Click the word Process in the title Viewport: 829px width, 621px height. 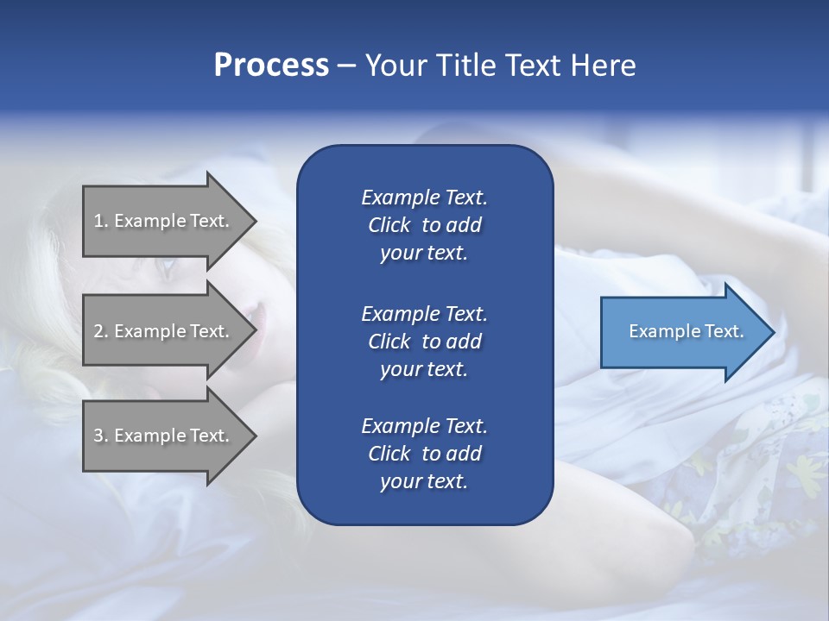pyautogui.click(x=271, y=65)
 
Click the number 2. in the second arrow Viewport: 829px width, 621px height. pyautogui.click(x=101, y=331)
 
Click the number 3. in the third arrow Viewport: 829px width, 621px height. pyautogui.click(x=101, y=436)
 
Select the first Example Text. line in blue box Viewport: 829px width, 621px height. pyautogui.click(x=424, y=198)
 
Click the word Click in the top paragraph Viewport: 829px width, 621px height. pyautogui.click(x=389, y=225)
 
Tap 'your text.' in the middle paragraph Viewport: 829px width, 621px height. pyautogui.click(x=424, y=369)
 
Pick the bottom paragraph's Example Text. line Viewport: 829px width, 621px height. pyautogui.click(x=424, y=426)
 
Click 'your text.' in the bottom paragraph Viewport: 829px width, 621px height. pyautogui.click(x=424, y=482)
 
